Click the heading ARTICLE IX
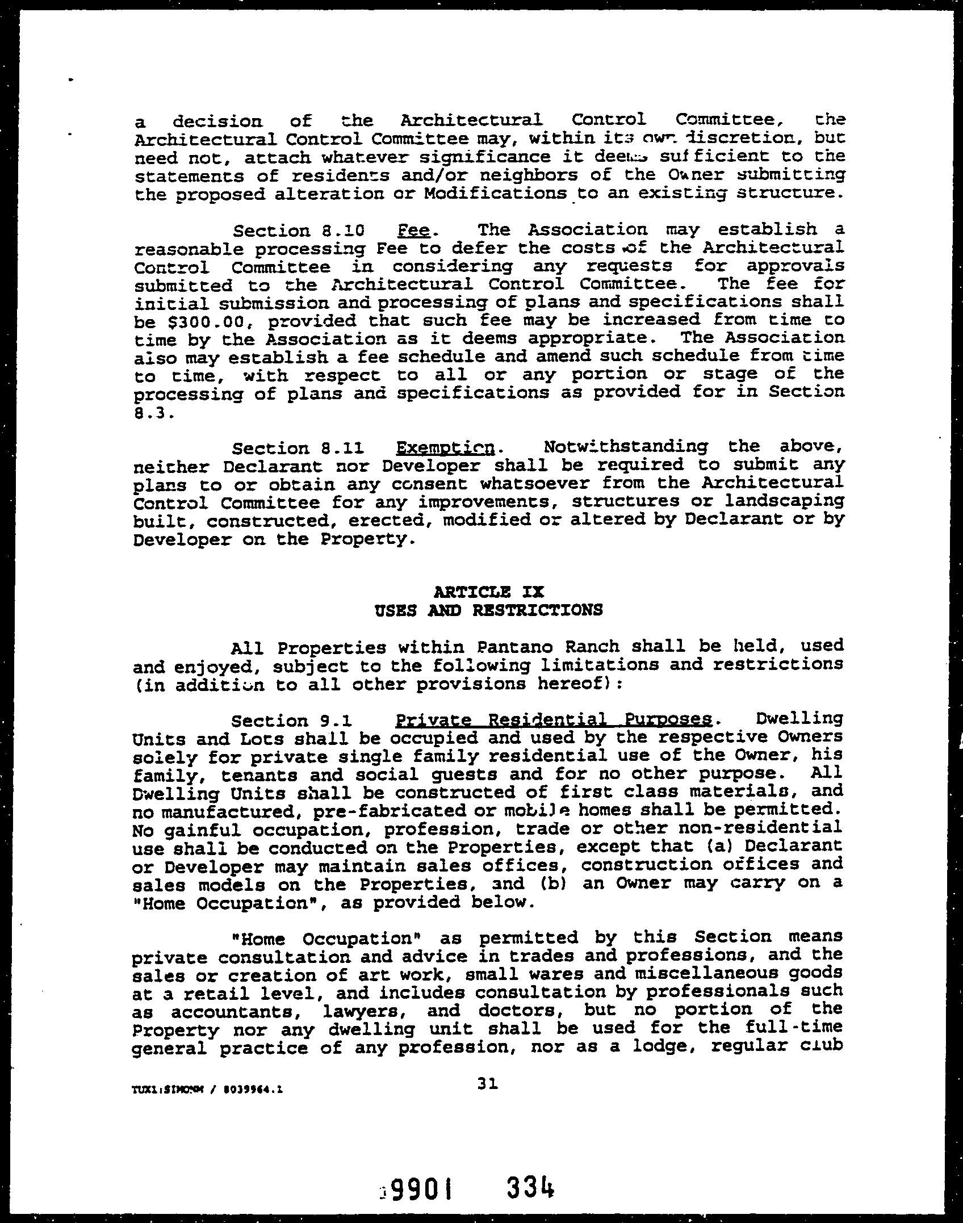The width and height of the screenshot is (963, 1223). click(488, 592)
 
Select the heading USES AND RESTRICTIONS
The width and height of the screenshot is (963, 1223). click(488, 610)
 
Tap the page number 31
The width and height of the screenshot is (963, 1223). click(488, 1084)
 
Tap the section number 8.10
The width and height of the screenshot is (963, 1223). click(342, 231)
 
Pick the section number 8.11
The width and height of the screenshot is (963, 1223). click(342, 449)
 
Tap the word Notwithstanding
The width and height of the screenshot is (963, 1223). click(625, 447)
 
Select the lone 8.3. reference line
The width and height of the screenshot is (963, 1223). click(152, 413)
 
